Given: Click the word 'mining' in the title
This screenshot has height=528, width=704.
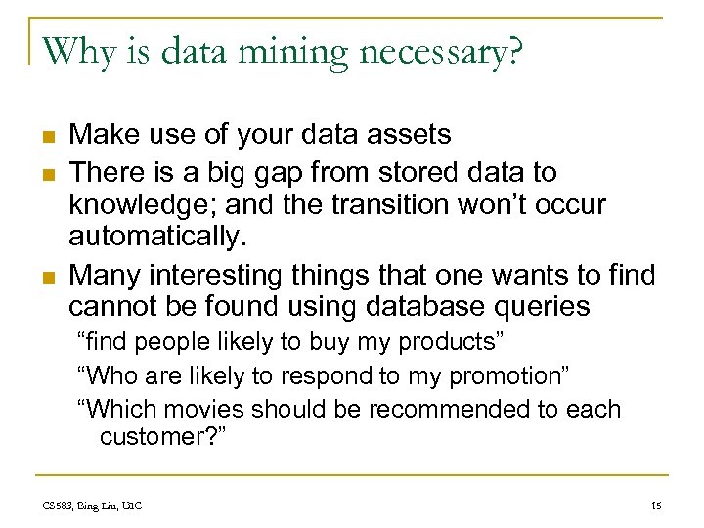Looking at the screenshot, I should click(x=294, y=52).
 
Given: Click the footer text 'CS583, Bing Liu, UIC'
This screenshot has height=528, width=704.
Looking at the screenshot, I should click(x=93, y=506).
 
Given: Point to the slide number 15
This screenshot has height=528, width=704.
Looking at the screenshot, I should click(x=655, y=506).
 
